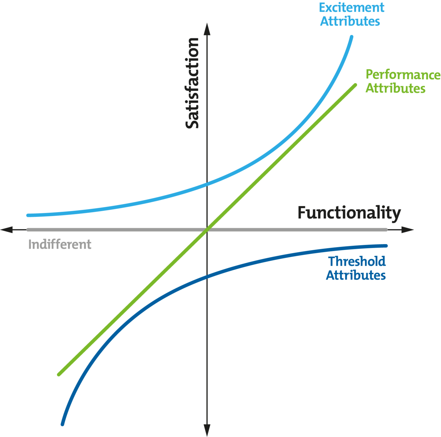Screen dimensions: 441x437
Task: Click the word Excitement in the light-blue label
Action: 351,7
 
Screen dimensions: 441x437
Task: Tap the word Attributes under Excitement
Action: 350,21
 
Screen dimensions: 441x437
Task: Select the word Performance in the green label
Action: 403,75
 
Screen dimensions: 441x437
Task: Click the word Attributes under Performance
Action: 395,88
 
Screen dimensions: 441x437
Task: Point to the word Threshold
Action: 357,262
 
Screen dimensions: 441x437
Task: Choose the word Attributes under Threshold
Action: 356,275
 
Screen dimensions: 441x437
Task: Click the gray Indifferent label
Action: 60,244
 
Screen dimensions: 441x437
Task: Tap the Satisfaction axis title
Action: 192,83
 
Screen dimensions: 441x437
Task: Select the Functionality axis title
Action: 349,213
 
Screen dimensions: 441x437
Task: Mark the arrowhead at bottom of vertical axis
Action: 207,431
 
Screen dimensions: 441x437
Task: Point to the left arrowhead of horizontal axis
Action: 6,230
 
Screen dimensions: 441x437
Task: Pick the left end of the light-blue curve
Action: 28,215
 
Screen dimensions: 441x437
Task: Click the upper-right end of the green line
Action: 355,85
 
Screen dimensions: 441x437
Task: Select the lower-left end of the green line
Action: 59,375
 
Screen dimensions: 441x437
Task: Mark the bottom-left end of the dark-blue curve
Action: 62,424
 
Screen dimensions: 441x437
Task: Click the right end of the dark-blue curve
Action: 386,246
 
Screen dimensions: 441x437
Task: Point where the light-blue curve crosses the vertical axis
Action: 207,184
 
